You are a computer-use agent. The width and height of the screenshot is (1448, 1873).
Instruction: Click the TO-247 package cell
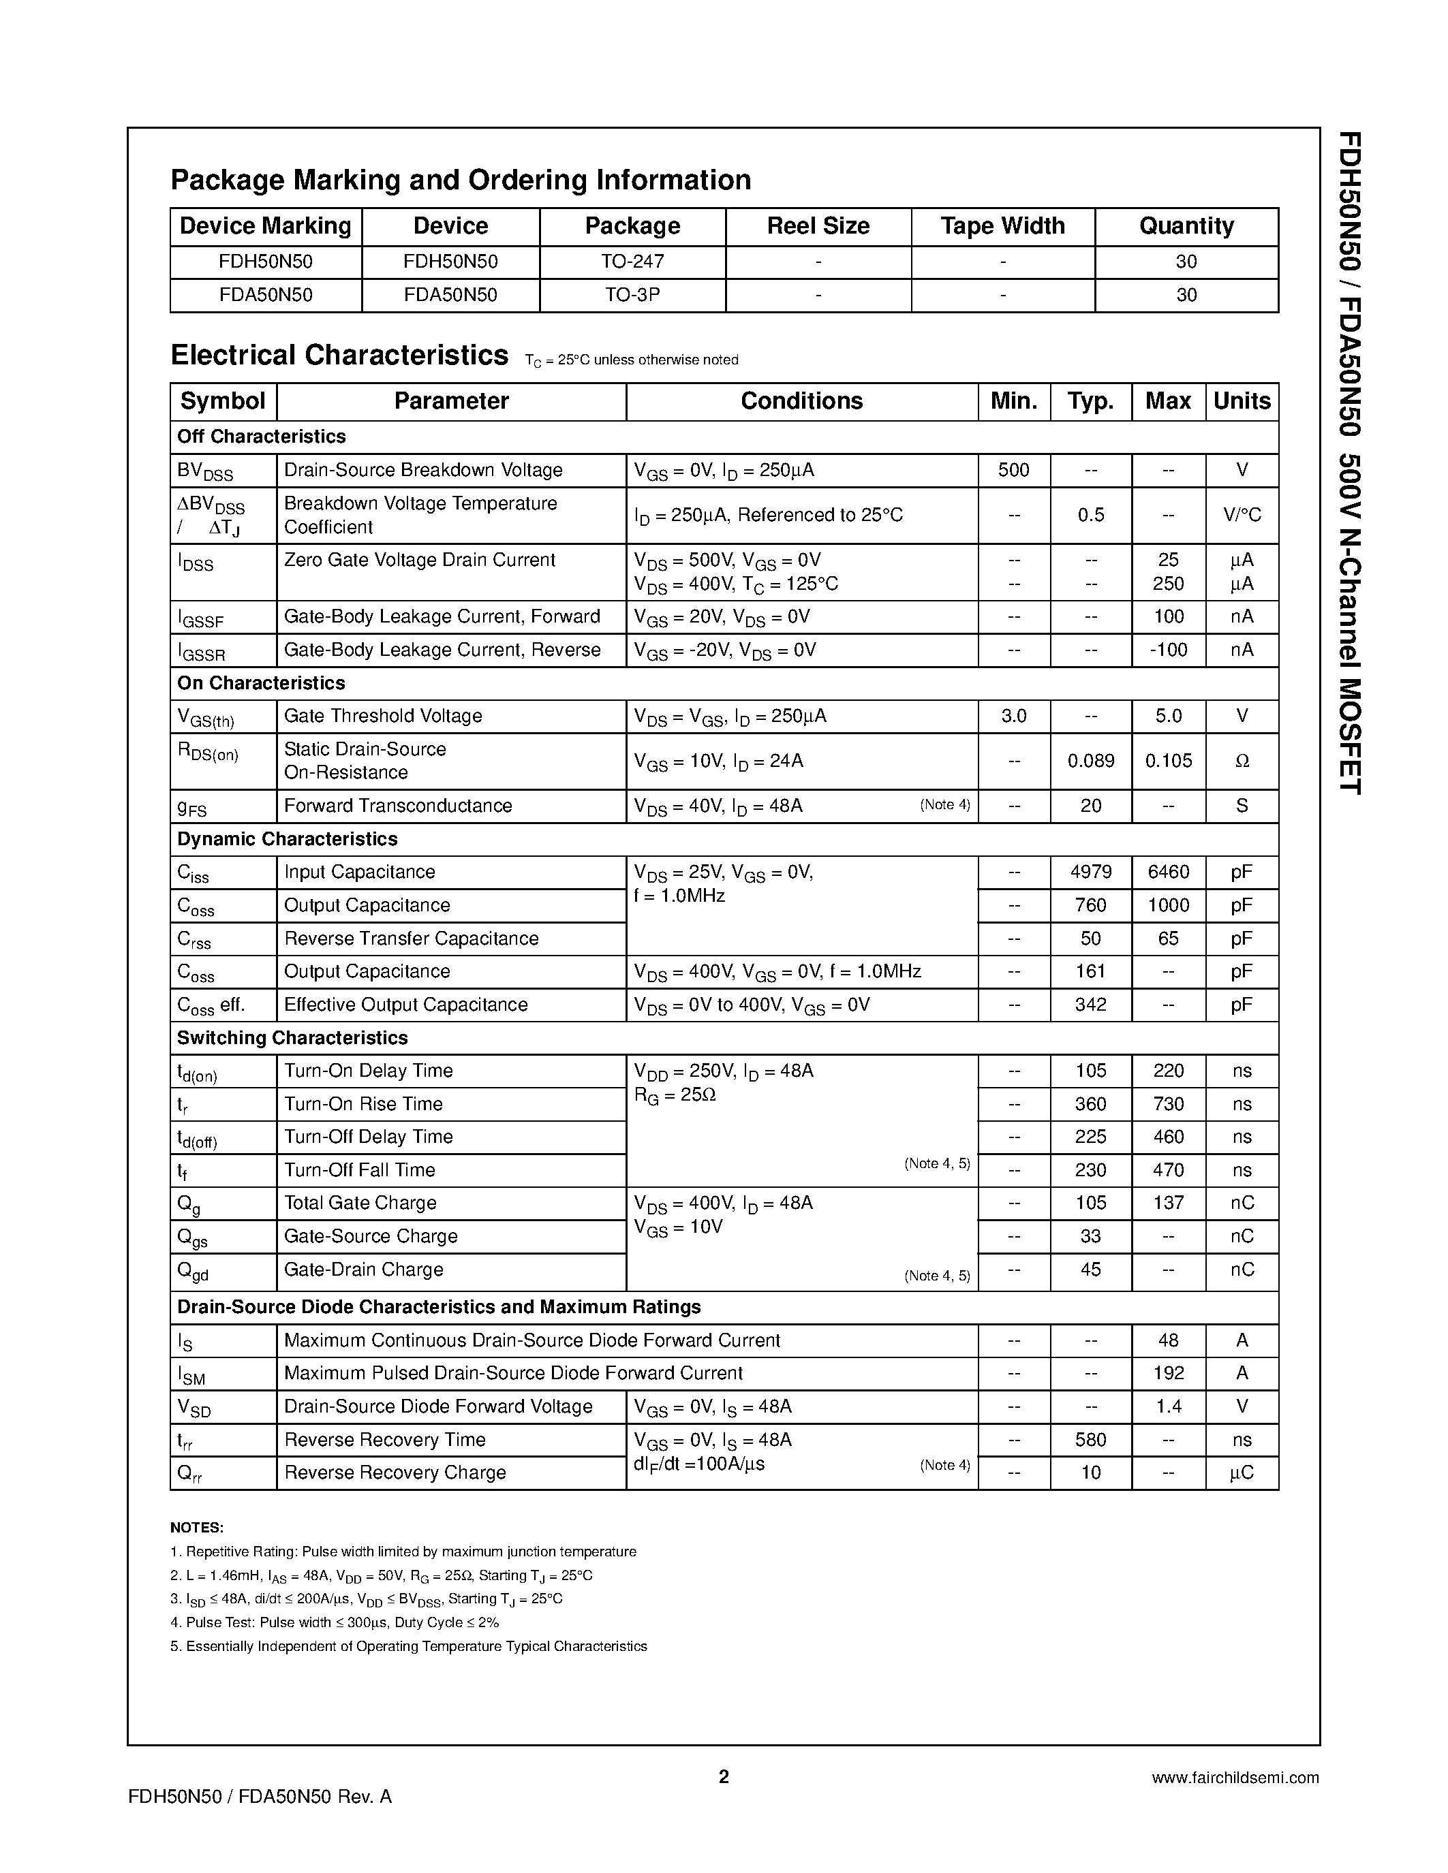(632, 262)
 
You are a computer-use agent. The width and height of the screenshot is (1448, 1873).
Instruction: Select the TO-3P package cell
(632, 295)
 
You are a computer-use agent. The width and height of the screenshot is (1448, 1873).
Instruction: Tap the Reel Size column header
(818, 225)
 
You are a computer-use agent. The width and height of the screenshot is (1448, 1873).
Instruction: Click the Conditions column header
(801, 401)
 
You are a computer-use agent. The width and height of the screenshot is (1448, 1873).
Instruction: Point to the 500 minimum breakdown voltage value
(1013, 470)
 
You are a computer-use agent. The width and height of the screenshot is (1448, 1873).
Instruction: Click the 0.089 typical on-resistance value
(1090, 761)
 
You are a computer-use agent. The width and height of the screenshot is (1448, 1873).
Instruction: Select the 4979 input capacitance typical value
(1090, 872)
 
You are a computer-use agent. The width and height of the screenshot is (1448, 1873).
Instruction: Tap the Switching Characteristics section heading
(292, 1038)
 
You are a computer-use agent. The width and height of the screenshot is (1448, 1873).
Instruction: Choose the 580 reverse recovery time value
(1090, 1440)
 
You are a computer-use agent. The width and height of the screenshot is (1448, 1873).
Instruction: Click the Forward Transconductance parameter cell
(397, 806)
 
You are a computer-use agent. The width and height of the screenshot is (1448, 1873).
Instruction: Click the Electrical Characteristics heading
(339, 355)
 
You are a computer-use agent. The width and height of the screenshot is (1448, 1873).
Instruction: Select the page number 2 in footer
(723, 1776)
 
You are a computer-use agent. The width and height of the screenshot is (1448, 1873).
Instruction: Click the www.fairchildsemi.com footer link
(1235, 1778)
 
